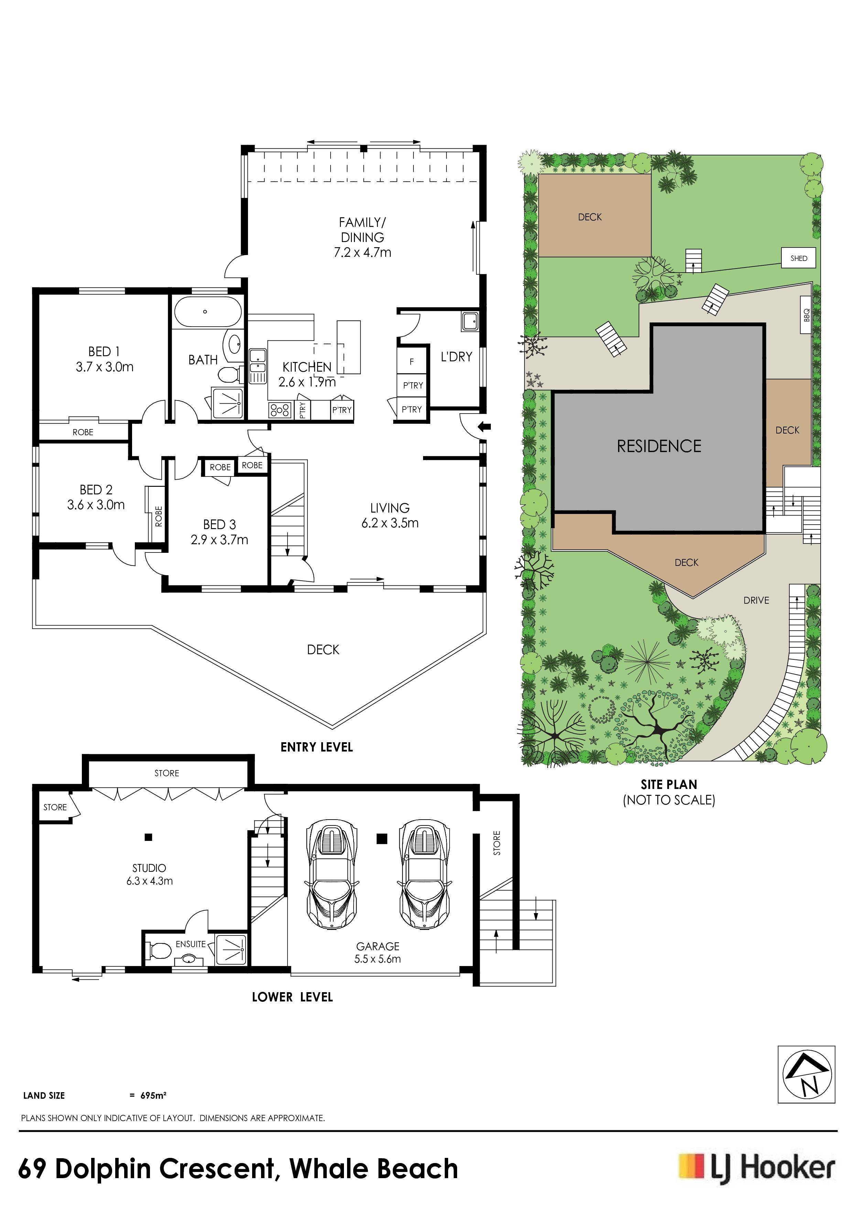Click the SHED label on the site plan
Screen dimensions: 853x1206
tap(798, 258)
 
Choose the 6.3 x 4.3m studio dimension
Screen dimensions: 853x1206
tap(149, 881)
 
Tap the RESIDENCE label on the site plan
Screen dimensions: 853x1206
tap(659, 446)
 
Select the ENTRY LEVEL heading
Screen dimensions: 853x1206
tap(316, 747)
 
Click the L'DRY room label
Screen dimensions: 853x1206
tap(456, 357)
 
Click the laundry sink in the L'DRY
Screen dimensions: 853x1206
tap(470, 320)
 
